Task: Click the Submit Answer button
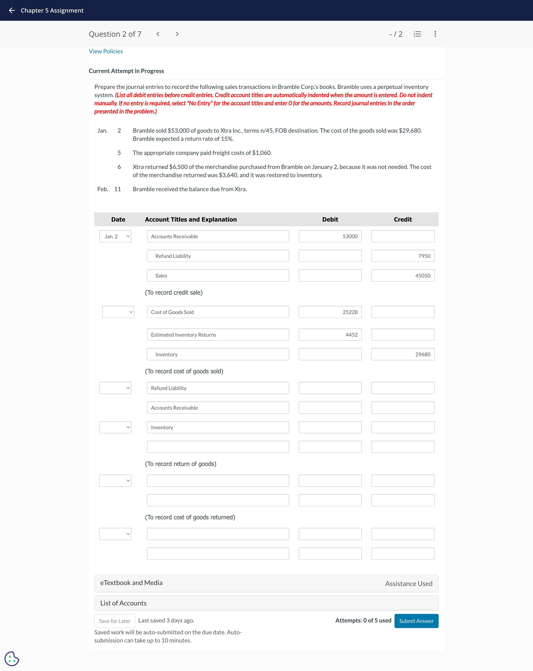(416, 621)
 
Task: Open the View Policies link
(106, 51)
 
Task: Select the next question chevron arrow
(177, 34)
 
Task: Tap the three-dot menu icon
(435, 34)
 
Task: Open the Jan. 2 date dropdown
(115, 236)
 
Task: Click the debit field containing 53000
(330, 236)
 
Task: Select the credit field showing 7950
(403, 256)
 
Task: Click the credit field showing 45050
(403, 275)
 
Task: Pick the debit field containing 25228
(330, 312)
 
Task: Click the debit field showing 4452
(330, 335)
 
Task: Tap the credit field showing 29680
(403, 354)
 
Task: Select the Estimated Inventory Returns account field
(218, 335)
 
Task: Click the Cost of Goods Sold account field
(218, 312)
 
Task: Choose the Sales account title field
(218, 275)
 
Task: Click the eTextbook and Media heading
(131, 583)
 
